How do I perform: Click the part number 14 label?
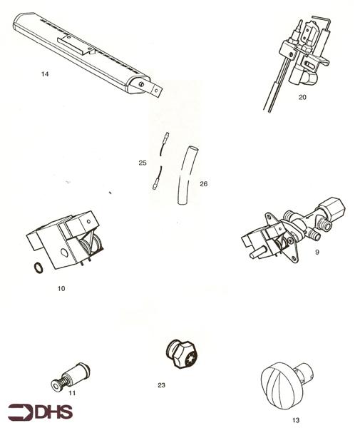click(x=45, y=74)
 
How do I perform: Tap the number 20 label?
click(x=302, y=97)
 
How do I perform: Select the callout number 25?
click(x=143, y=163)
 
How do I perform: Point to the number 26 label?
click(x=204, y=184)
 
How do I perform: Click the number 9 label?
click(x=317, y=252)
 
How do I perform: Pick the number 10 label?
click(x=61, y=288)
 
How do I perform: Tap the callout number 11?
click(x=72, y=393)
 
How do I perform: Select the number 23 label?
click(x=161, y=385)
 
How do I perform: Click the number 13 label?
click(x=296, y=420)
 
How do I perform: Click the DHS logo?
click(x=41, y=412)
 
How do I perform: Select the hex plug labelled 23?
click(x=181, y=354)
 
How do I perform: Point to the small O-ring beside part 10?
click(x=38, y=267)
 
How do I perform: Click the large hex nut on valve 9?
click(x=332, y=209)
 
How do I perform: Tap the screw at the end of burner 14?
click(x=141, y=84)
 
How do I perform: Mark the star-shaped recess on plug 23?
click(x=190, y=358)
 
